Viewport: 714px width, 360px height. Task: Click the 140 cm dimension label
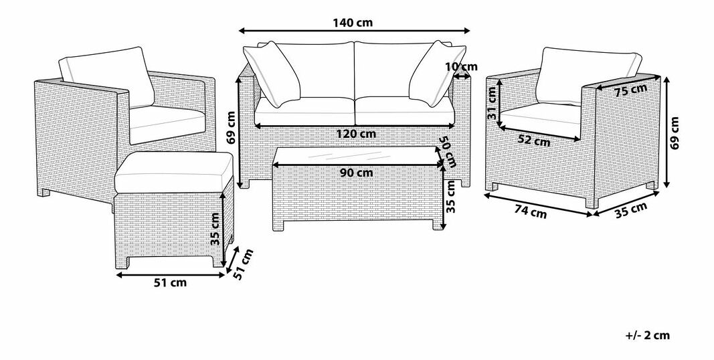(353, 23)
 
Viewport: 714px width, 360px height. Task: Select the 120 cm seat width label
(356, 134)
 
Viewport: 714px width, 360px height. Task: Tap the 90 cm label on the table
(356, 173)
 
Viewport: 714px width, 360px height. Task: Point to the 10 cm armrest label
(461, 67)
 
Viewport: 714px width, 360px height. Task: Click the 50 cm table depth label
(448, 151)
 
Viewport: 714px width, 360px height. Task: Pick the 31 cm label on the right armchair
(492, 103)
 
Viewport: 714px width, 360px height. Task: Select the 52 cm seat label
(534, 141)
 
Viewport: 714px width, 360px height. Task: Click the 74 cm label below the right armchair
(531, 211)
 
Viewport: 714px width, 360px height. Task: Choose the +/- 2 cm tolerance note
(648, 335)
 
